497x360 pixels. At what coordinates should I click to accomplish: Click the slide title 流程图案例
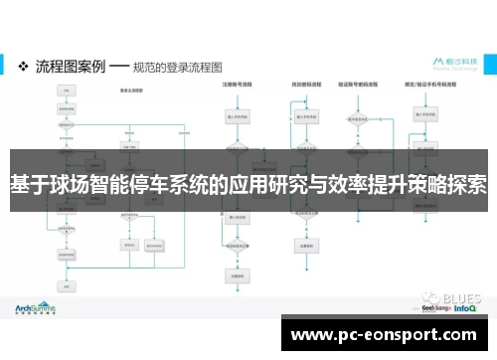(70, 67)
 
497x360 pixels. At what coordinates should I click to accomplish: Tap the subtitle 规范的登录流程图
(179, 67)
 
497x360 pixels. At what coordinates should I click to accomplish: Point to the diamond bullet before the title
(24, 67)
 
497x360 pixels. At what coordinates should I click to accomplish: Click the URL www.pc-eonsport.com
(391, 334)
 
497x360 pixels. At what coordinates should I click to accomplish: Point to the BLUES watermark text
(461, 295)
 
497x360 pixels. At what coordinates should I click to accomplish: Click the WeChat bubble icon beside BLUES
(427, 295)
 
